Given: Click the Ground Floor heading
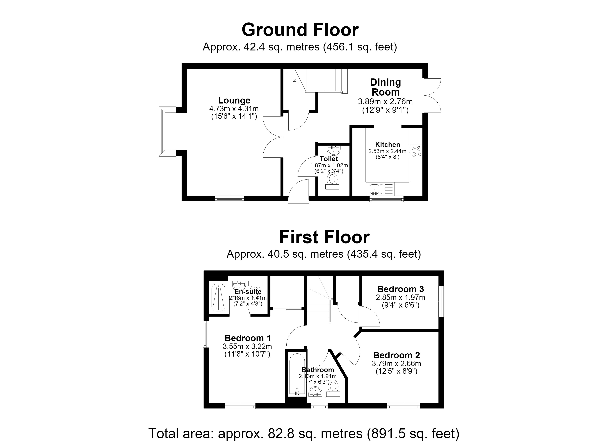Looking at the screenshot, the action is (300, 30).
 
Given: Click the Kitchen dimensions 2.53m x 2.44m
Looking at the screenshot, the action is (387, 151).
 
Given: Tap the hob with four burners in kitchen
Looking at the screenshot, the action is (416, 151).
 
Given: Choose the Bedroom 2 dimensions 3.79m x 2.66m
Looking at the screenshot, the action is (396, 364).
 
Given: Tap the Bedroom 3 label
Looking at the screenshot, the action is (401, 289).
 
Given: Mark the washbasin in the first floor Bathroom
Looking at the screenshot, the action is (315, 392).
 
